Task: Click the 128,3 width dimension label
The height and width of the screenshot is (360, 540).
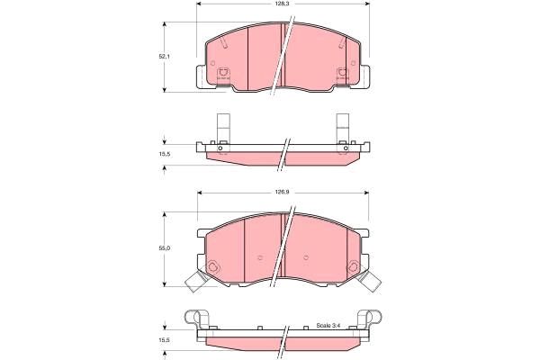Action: (x=283, y=5)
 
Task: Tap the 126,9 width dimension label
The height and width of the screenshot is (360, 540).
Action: (x=283, y=192)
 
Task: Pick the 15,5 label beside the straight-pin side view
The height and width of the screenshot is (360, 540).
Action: (x=165, y=155)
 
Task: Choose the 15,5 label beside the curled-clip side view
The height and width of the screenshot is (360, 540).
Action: (x=165, y=340)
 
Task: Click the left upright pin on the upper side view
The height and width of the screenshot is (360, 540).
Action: (x=222, y=126)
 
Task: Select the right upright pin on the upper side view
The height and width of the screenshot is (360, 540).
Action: (x=343, y=126)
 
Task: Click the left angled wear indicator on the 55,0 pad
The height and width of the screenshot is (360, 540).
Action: (x=195, y=282)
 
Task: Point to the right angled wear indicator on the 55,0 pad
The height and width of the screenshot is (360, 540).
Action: (x=369, y=282)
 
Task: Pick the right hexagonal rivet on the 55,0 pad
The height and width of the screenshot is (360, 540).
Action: (x=352, y=265)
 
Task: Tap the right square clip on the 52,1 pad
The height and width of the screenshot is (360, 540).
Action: (x=343, y=76)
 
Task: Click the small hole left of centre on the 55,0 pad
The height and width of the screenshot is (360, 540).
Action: (x=259, y=257)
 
